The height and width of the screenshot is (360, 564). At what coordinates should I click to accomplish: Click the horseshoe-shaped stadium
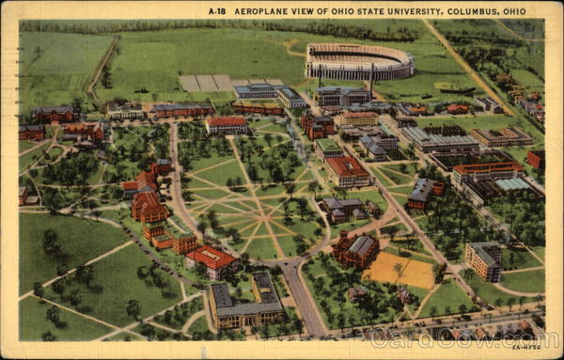point(359,61)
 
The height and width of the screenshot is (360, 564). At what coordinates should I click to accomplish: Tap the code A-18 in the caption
point(217,11)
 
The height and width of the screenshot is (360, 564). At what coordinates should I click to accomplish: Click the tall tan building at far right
point(483,260)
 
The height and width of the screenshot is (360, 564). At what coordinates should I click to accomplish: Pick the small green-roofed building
point(328,148)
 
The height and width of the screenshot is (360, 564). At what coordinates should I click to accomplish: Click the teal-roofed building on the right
point(514,184)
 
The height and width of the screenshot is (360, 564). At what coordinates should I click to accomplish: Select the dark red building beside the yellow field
point(355,250)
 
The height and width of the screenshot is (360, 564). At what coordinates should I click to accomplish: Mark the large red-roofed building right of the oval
point(348,171)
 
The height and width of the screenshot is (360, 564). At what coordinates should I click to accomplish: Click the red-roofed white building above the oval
point(227,124)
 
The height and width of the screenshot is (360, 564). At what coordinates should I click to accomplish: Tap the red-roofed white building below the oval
point(211,259)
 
